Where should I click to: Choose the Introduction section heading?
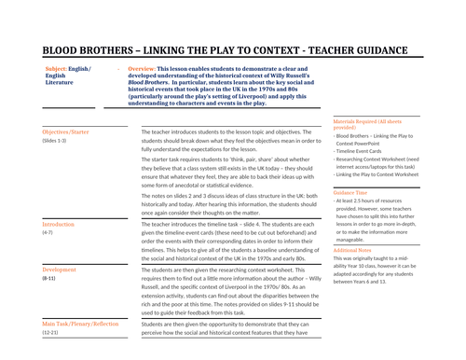coord(59,225)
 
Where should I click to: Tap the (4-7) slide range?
coord(49,233)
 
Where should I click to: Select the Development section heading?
coord(61,270)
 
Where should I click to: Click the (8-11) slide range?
coord(50,279)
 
